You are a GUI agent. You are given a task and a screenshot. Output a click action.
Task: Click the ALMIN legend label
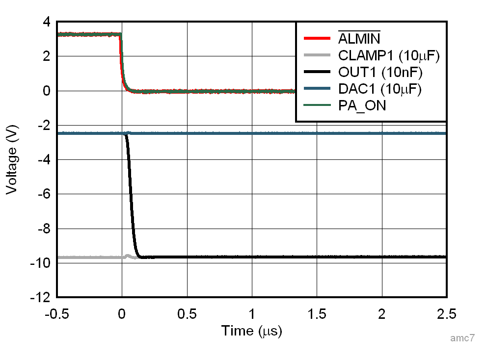359,38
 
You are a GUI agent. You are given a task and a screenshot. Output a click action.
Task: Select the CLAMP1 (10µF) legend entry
388,55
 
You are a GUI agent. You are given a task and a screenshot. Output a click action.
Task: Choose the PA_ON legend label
362,105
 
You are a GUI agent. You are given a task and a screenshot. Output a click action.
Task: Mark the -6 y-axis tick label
44,194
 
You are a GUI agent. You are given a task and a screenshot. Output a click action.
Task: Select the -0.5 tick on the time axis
57,314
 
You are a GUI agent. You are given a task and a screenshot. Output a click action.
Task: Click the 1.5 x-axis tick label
317,314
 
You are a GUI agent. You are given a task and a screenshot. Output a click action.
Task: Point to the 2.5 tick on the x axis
446,314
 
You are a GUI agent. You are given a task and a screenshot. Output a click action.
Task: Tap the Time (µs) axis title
251,331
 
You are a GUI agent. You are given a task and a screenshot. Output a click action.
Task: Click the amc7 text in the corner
462,338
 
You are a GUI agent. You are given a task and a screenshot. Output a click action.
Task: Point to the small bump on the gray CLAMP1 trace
128,256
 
